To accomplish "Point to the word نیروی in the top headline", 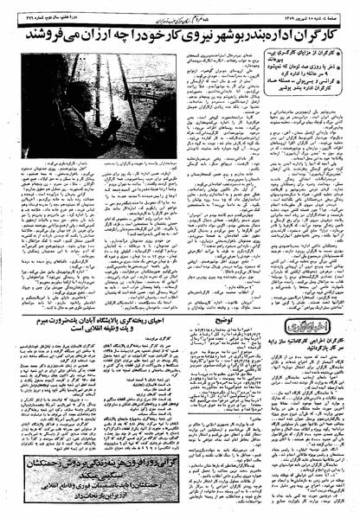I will pos(177,34).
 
